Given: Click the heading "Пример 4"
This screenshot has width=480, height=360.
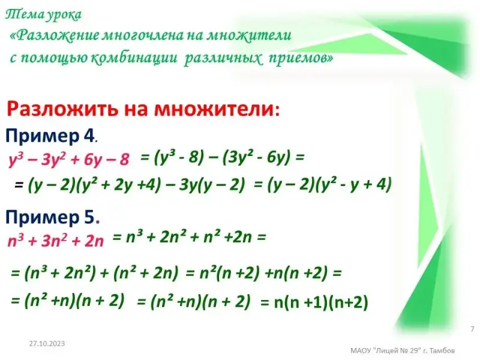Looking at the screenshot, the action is pos(50,136).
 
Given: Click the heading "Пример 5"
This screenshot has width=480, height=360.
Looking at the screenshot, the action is pos(50,217).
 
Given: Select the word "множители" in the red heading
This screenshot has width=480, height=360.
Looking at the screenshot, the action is pos(214,109).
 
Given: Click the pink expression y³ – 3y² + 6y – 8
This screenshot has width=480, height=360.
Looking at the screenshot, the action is pos(69,160).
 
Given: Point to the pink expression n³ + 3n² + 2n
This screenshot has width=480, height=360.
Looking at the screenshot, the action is pos(56,241).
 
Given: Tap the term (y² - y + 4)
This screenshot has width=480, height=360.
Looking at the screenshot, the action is pos(353,185).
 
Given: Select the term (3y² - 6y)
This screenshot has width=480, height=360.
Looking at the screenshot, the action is pos(257,158).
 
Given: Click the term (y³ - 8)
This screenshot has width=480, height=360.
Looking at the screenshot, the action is pos(179,158).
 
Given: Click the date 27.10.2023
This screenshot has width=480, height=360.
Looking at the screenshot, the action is pos(47,343).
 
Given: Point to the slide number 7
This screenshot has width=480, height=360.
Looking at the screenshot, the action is pos(472,329).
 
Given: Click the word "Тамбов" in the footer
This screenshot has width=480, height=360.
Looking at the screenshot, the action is pos(442,350).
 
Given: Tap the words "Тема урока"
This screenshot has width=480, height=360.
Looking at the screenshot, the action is pos(43,14).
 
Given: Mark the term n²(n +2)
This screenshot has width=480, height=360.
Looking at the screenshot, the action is pos(229,273).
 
